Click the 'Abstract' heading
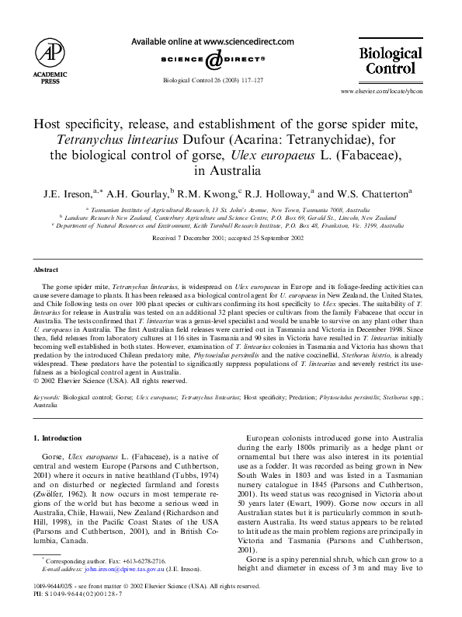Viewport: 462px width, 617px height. tap(47, 269)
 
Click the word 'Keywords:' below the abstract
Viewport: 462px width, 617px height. tap(47, 396)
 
